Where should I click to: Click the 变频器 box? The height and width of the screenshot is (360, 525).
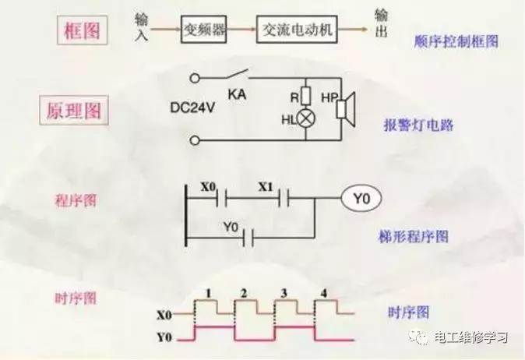pyautogui.click(x=205, y=30)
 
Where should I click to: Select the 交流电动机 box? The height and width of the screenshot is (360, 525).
pyautogui.click(x=299, y=30)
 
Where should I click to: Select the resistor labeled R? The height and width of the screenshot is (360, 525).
pyautogui.click(x=305, y=97)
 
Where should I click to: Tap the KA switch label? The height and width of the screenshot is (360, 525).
pyautogui.click(x=238, y=94)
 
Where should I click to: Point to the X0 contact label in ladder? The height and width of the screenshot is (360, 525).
pyautogui.click(x=209, y=187)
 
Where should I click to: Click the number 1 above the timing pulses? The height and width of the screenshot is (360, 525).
pyautogui.click(x=208, y=293)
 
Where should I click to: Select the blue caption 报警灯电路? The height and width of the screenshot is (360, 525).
pyautogui.click(x=419, y=125)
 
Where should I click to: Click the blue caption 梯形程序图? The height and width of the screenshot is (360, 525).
pyautogui.click(x=418, y=235)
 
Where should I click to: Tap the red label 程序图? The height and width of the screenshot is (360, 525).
pyautogui.click(x=76, y=200)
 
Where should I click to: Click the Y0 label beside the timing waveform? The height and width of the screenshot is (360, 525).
pyautogui.click(x=164, y=338)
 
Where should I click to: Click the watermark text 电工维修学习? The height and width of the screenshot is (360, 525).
pyautogui.click(x=470, y=338)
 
